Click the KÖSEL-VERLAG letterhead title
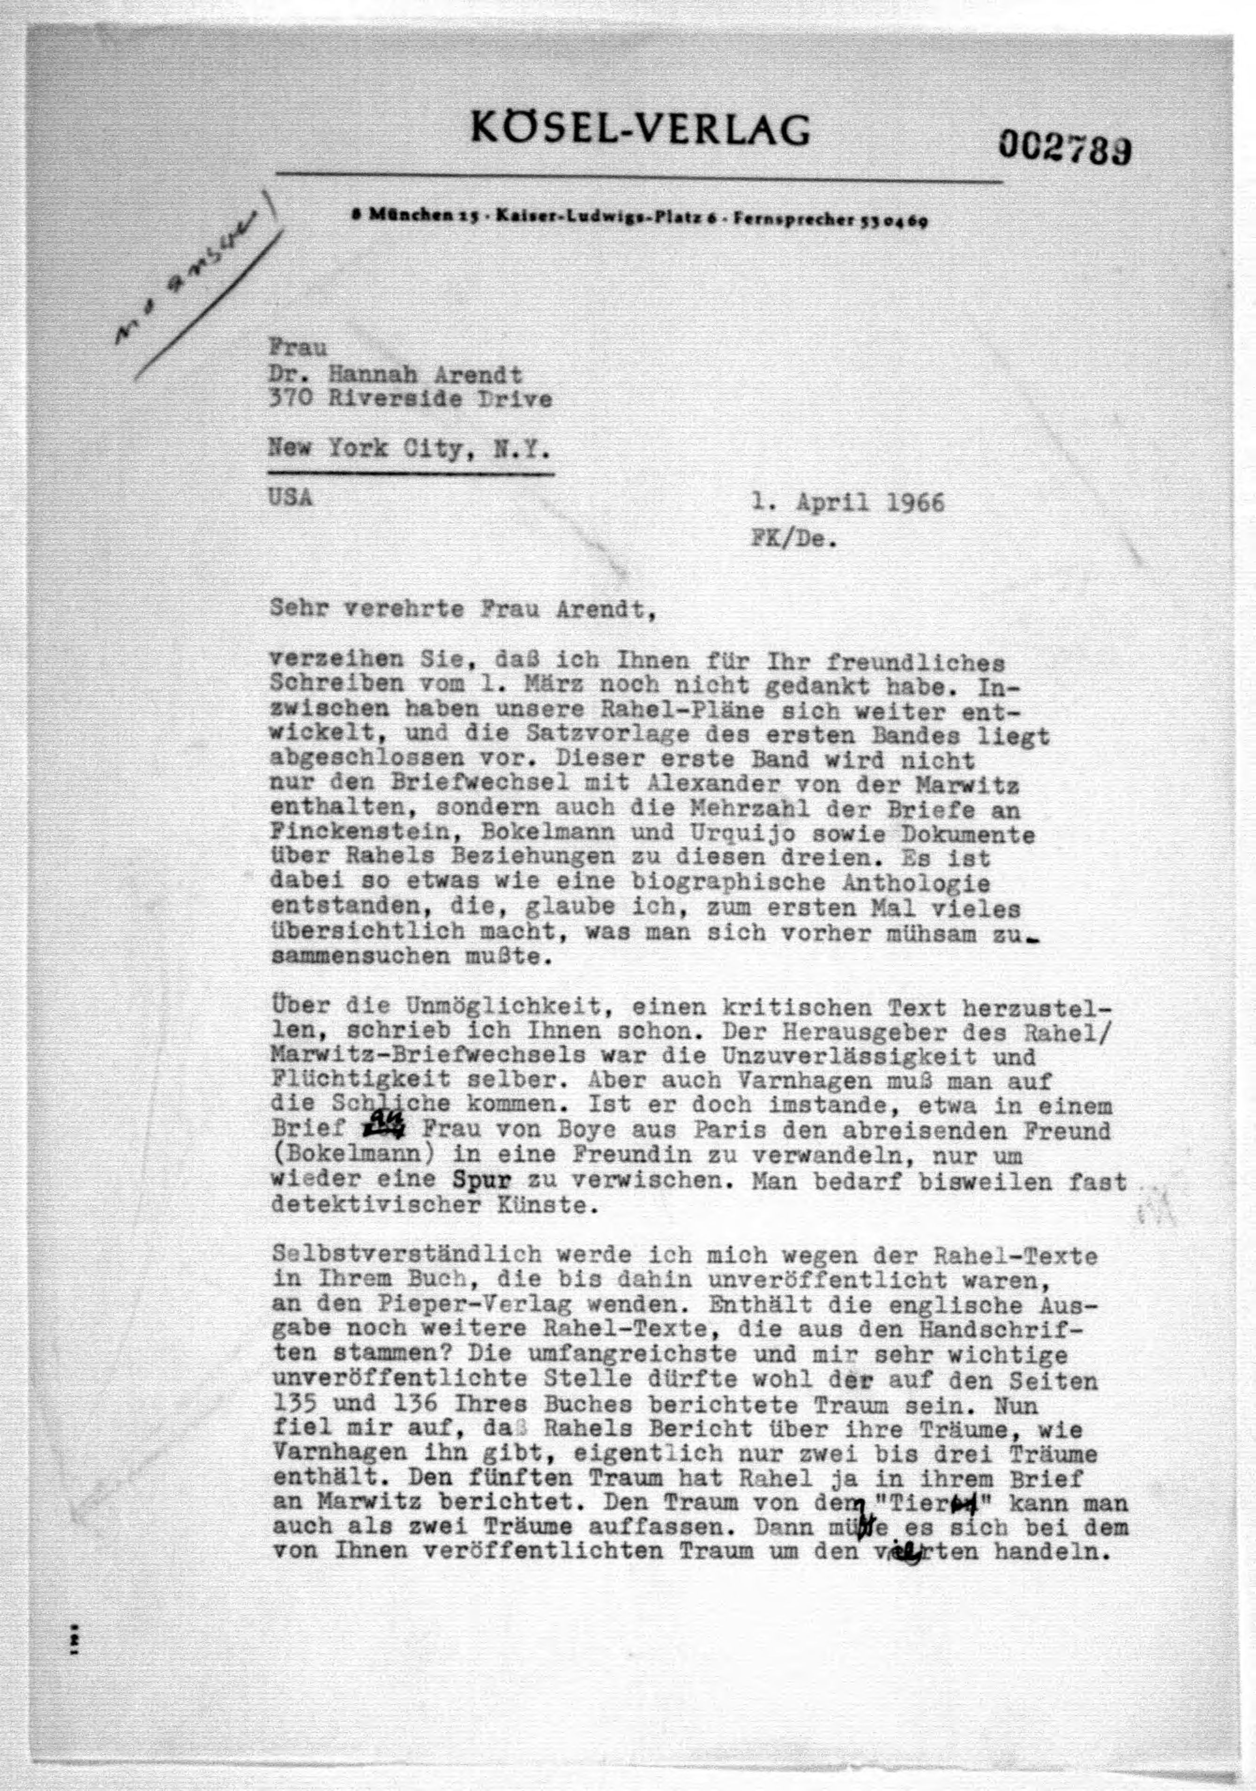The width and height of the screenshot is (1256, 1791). point(640,129)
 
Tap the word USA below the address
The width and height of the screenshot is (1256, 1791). point(290,497)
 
